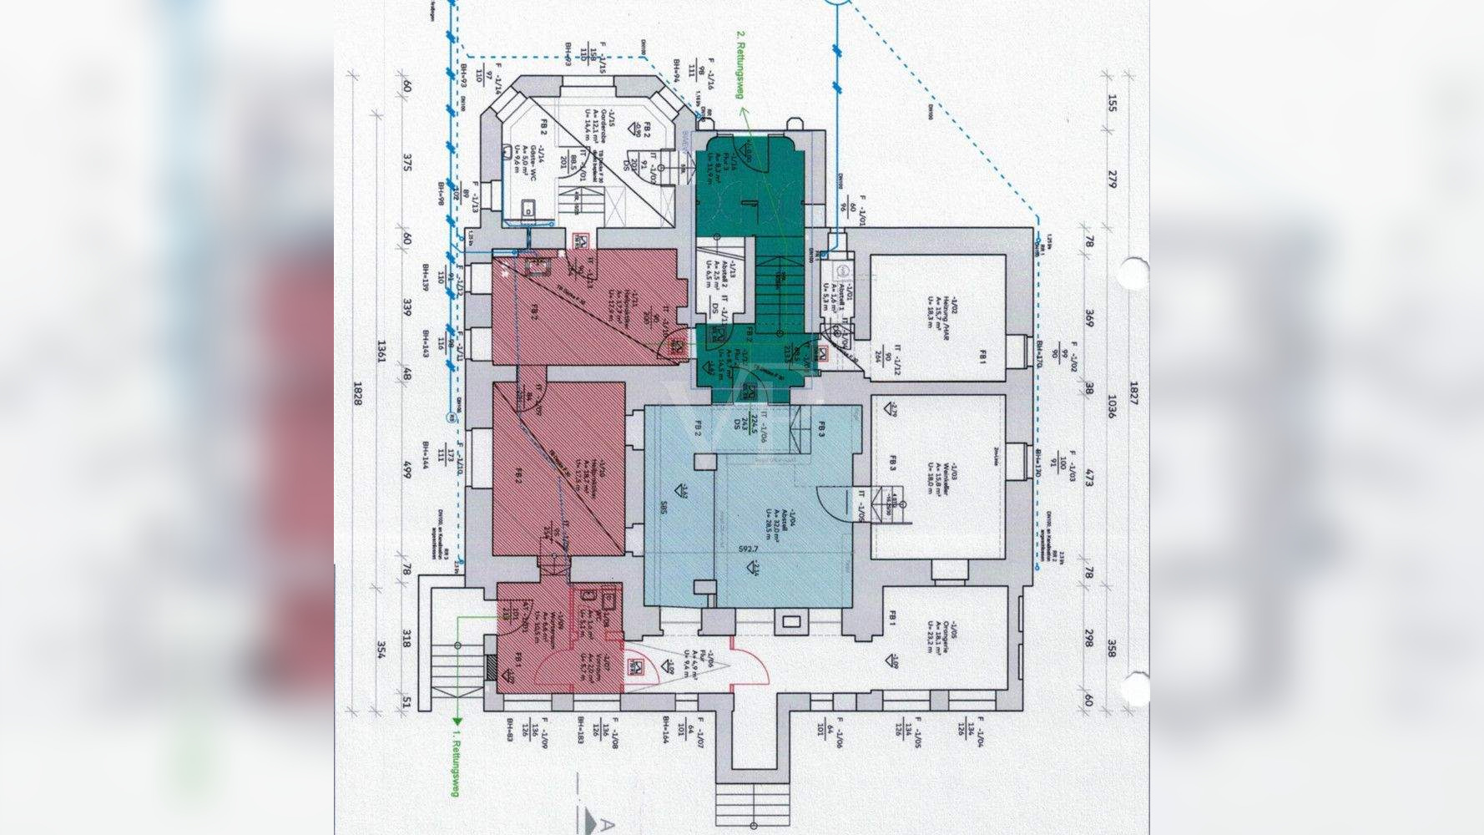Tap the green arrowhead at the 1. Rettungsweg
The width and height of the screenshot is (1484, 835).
click(457, 721)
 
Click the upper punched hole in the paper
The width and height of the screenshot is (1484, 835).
click(1134, 273)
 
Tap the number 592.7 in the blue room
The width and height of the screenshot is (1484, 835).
click(748, 549)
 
